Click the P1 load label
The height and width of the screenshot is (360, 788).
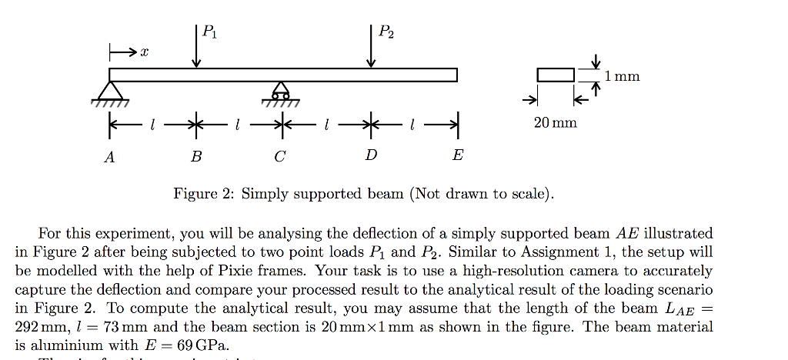[209, 32]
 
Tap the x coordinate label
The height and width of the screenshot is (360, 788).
[144, 52]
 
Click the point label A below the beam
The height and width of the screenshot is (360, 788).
[110, 157]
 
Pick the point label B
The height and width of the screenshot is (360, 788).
[197, 157]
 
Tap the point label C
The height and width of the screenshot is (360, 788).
[280, 157]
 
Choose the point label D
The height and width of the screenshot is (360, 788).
[372, 156]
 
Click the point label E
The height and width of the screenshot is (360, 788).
[458, 156]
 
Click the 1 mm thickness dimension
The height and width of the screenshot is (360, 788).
[622, 76]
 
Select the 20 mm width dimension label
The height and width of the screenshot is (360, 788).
[555, 123]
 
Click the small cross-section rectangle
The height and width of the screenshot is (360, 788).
[556, 75]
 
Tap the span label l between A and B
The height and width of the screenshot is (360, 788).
[153, 124]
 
